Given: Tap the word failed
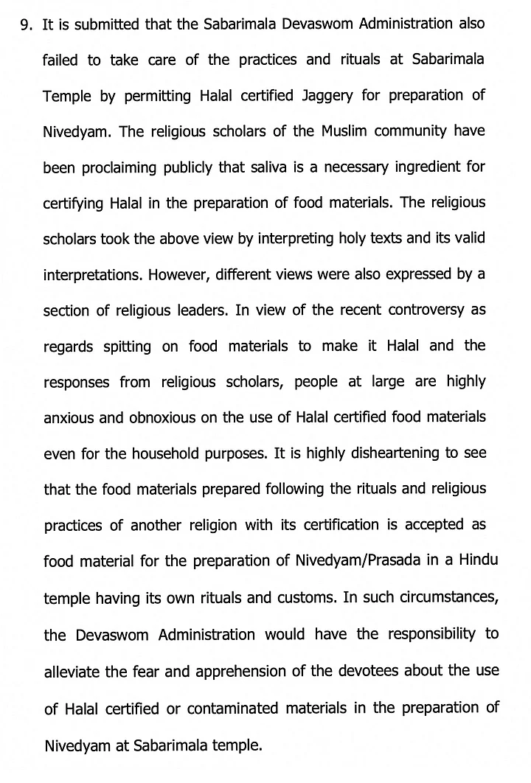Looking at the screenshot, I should click(61, 60).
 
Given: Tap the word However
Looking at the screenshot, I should click(176, 274).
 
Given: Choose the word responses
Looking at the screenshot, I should click(77, 383).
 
